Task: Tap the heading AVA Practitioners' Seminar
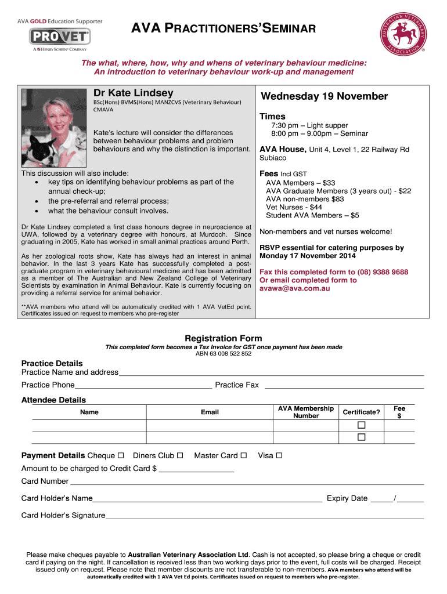[222, 28]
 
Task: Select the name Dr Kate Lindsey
[133, 93]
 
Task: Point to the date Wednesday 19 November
[324, 96]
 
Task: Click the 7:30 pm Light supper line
[309, 125]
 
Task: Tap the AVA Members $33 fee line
[300, 182]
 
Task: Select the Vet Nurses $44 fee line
[294, 207]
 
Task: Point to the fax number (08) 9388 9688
[376, 272]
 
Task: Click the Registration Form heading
[223, 338]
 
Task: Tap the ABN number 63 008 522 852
[223, 354]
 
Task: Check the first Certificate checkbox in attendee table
[361, 426]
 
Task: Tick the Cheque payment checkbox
[121, 455]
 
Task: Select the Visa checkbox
[279, 455]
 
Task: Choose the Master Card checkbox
[243, 455]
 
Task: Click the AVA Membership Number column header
[306, 412]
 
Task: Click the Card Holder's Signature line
[264, 515]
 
